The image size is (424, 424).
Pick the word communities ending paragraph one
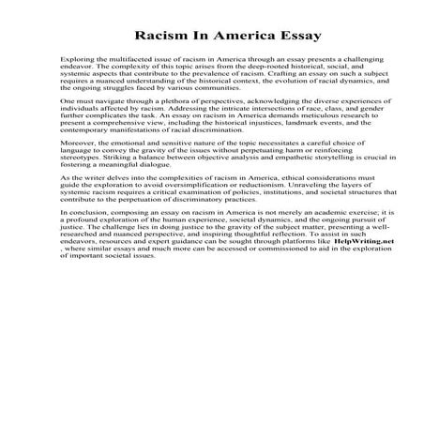click(x=205, y=88)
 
